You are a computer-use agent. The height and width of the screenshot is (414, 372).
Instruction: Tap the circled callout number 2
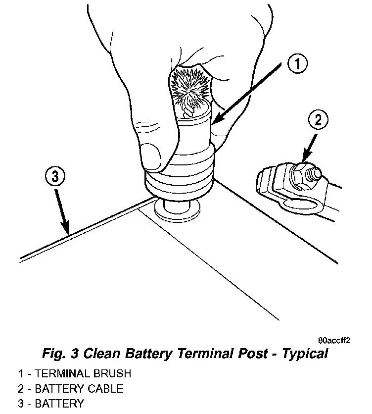coord(318,120)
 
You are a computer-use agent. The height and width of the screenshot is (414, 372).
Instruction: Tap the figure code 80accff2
coord(334,341)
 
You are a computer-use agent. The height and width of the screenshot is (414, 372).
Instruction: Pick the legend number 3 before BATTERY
coord(21,404)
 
